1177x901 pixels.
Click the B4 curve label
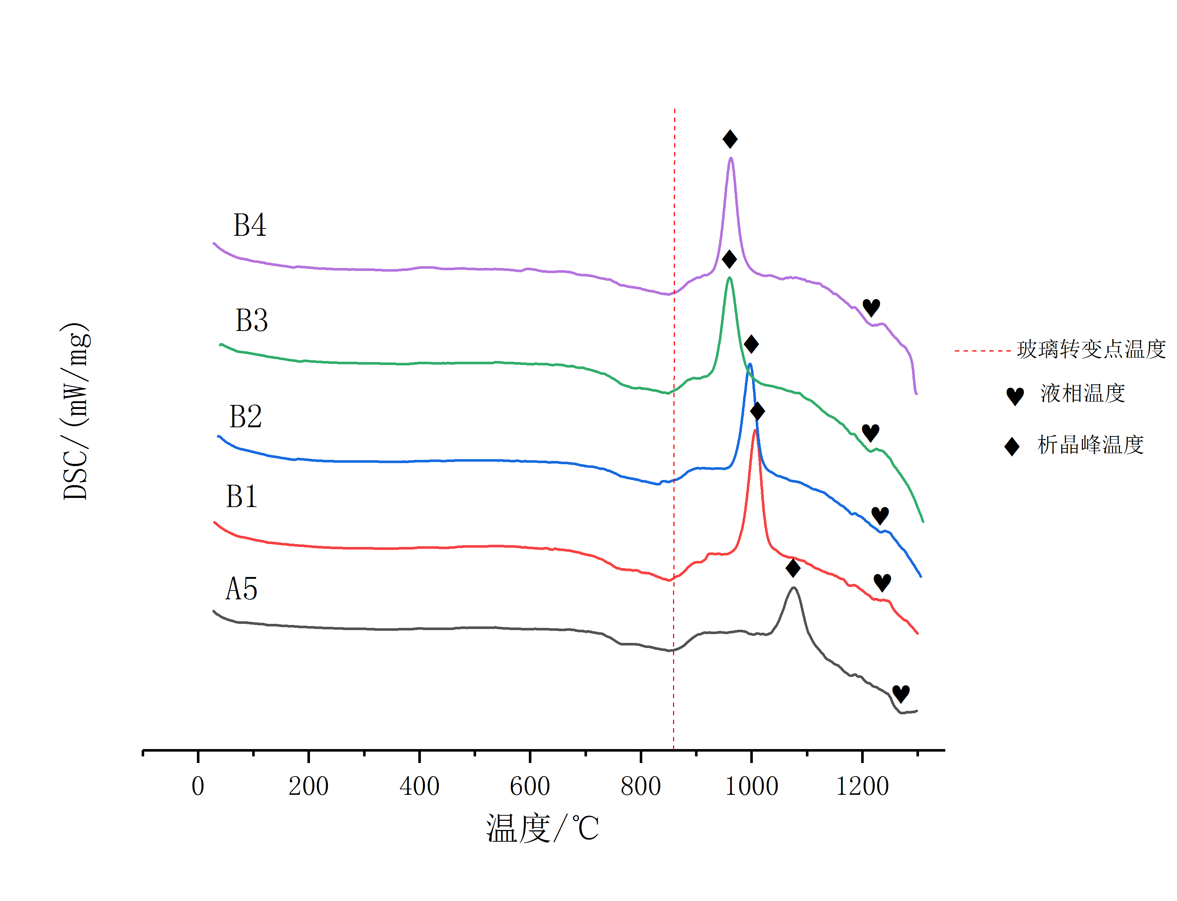[249, 225]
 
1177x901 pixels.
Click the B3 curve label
[251, 320]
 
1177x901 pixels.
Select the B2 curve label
[246, 416]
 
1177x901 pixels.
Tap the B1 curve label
[242, 496]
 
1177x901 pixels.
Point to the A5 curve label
[241, 588]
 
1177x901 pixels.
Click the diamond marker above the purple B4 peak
[729, 139]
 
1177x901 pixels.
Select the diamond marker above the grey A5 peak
[793, 567]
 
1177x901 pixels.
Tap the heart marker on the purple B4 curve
[871, 307]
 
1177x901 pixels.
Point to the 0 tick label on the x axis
[198, 787]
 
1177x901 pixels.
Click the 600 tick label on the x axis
[530, 787]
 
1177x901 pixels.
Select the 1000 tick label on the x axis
[751, 787]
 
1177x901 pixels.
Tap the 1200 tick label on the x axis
[862, 787]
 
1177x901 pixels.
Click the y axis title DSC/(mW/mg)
[75, 412]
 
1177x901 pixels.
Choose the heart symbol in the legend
[1015, 396]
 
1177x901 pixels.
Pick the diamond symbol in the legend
[1011, 446]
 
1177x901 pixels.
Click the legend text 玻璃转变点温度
[1091, 349]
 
